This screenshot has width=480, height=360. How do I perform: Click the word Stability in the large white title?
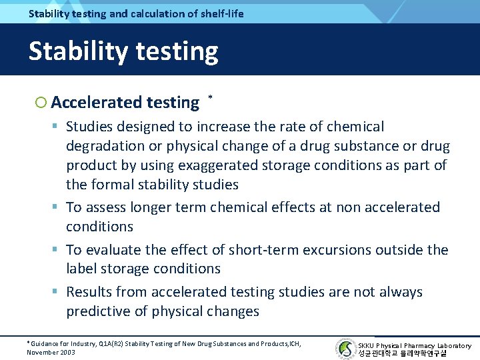73,51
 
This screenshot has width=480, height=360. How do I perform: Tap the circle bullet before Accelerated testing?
41,103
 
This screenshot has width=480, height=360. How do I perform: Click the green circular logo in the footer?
346,349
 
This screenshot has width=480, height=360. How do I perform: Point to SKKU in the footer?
366,345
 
